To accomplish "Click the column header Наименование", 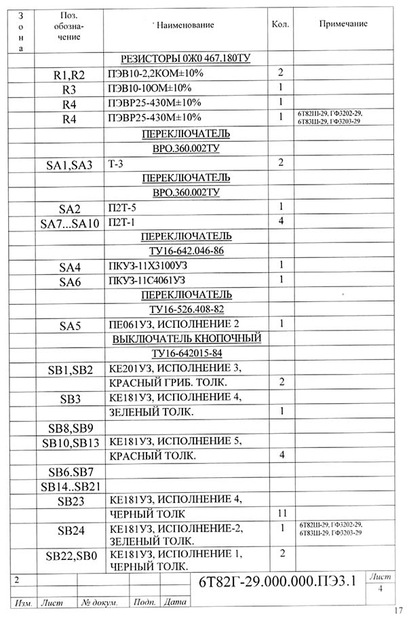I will [185, 25].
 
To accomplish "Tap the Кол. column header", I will [280, 24].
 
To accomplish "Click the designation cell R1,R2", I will [70, 74].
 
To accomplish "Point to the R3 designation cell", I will [70, 89].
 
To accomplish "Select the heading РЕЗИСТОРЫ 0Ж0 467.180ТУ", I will [185, 59].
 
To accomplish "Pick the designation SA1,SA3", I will [70, 164].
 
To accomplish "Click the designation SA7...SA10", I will [70, 223].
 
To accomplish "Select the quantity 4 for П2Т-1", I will [280, 221].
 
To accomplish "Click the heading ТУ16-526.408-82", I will [186, 310].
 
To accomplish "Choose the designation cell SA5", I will [70, 326].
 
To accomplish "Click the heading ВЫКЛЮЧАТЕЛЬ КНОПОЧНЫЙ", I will [187, 338].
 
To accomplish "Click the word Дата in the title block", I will [174, 602].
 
